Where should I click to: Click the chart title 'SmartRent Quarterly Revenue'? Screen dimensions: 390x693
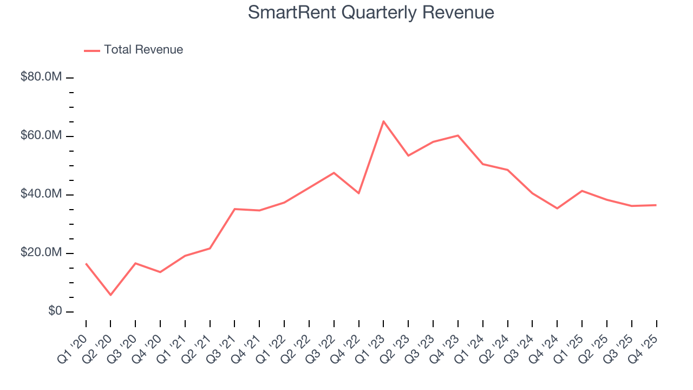click(x=371, y=12)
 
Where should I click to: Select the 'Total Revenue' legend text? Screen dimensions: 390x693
click(x=143, y=50)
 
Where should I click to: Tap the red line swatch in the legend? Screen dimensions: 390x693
click(x=92, y=50)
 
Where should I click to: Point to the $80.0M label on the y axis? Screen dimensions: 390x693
click(x=41, y=77)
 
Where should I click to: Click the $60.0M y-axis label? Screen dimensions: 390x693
click(x=41, y=135)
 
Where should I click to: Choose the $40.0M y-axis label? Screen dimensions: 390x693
click(x=41, y=194)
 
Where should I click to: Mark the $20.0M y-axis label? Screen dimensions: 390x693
click(x=41, y=253)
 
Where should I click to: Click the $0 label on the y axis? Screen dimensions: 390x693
click(x=54, y=311)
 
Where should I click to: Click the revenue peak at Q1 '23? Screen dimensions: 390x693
click(x=383, y=121)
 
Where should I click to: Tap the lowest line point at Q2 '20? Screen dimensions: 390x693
click(x=110, y=295)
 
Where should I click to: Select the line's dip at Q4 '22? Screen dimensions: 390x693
click(x=358, y=193)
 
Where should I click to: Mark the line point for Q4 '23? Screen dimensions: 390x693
click(x=458, y=135)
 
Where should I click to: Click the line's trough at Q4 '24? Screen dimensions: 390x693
click(x=557, y=208)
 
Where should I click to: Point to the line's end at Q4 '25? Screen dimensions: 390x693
click(x=656, y=205)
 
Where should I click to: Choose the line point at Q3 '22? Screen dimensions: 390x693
click(x=334, y=173)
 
